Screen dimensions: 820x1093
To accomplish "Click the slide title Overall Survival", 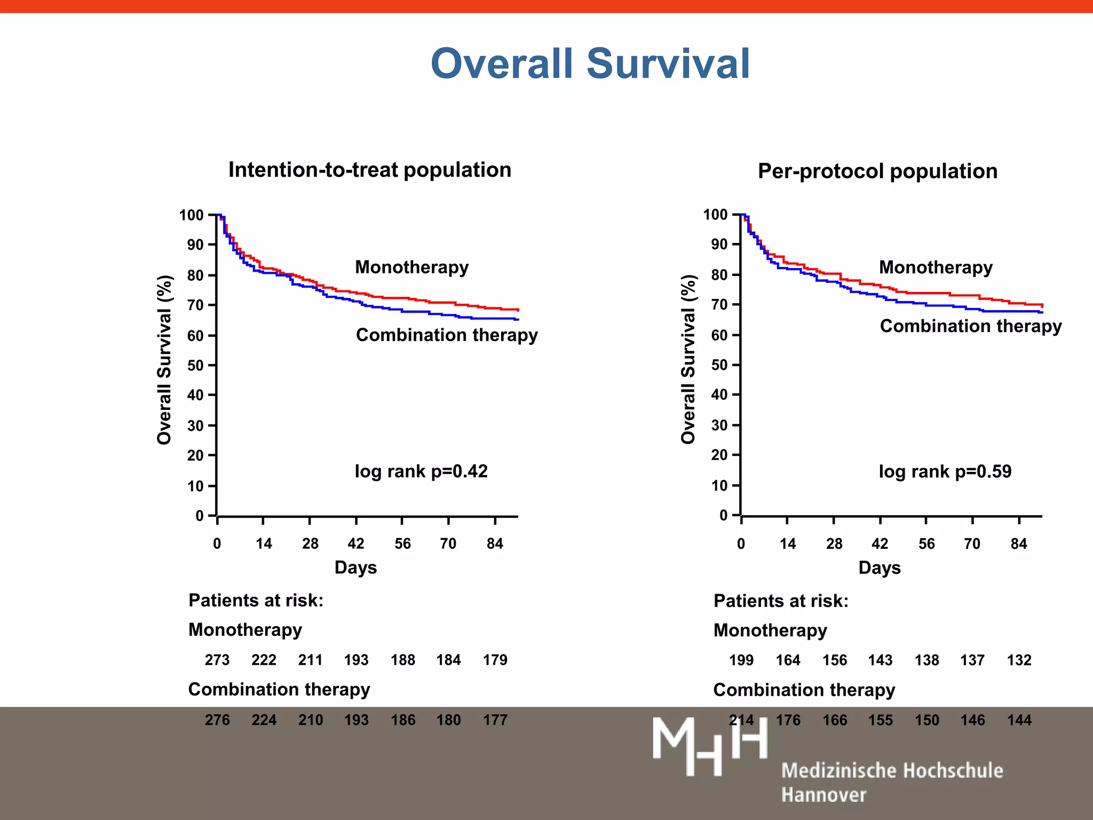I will pyautogui.click(x=590, y=64).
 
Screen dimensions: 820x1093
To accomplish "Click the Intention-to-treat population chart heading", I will pyautogui.click(x=370, y=170).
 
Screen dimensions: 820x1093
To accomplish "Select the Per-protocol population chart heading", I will pyautogui.click(x=877, y=171).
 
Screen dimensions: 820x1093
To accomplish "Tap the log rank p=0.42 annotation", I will pyautogui.click(x=421, y=471).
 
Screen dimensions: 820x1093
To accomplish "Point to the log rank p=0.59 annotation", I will pyautogui.click(x=945, y=471).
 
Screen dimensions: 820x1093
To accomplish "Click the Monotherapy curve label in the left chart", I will pyautogui.click(x=411, y=267).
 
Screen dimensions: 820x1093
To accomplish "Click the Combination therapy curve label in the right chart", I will pyautogui.click(x=970, y=326).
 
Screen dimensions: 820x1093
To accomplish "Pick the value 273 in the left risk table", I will pyautogui.click(x=217, y=660).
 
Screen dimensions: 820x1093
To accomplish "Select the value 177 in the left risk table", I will pyautogui.click(x=495, y=720).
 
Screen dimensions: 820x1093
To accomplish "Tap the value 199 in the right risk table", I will pyautogui.click(x=741, y=660).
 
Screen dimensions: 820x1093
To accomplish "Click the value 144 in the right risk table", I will pyautogui.click(x=1019, y=720).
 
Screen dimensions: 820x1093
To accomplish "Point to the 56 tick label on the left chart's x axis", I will pyautogui.click(x=402, y=544).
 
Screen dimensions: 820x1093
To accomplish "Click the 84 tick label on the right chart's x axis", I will pyautogui.click(x=1019, y=544).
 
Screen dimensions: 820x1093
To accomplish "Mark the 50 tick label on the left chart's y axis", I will pyautogui.click(x=195, y=366).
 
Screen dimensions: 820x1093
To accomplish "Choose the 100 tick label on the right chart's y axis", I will pyautogui.click(x=715, y=215).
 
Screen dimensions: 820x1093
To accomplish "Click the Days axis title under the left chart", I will pyautogui.click(x=355, y=567).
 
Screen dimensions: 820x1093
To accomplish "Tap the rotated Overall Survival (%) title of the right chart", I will pyautogui.click(x=688, y=359).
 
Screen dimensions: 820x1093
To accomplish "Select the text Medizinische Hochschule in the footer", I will pyautogui.click(x=892, y=771).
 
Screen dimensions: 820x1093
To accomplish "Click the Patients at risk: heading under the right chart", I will pyautogui.click(x=781, y=601).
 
